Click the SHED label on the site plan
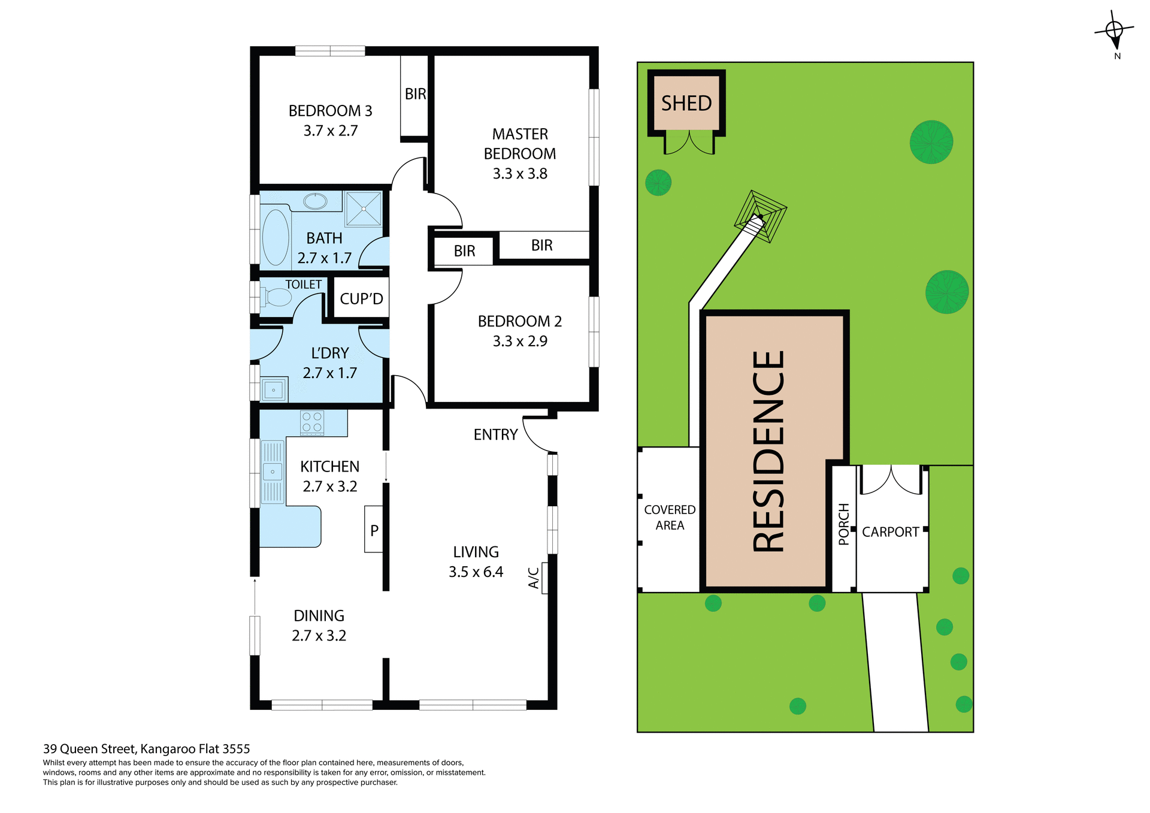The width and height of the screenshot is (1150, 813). tap(686, 103)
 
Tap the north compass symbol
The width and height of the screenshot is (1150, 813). tap(1114, 31)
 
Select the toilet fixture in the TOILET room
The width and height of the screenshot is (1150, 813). tap(277, 297)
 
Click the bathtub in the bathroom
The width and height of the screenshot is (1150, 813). tap(276, 237)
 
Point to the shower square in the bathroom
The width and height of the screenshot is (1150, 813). tap(364, 208)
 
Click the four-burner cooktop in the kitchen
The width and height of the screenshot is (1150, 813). tap(312, 422)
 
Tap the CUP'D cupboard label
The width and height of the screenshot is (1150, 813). tap(361, 298)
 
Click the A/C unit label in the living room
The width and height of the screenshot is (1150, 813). tap(534, 578)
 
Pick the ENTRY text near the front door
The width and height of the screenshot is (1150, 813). tap(495, 434)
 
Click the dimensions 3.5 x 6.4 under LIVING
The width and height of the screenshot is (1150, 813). tap(476, 572)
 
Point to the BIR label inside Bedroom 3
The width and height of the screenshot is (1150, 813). tap(415, 94)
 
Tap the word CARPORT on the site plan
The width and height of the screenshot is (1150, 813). tap(890, 532)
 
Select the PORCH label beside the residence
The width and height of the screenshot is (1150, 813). tap(844, 524)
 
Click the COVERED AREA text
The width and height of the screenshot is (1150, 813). tap(670, 517)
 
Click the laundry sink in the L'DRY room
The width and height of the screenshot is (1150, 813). tap(274, 390)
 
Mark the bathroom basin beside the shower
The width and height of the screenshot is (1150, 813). tap(315, 201)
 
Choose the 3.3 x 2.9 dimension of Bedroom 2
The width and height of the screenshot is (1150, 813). tap(520, 341)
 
